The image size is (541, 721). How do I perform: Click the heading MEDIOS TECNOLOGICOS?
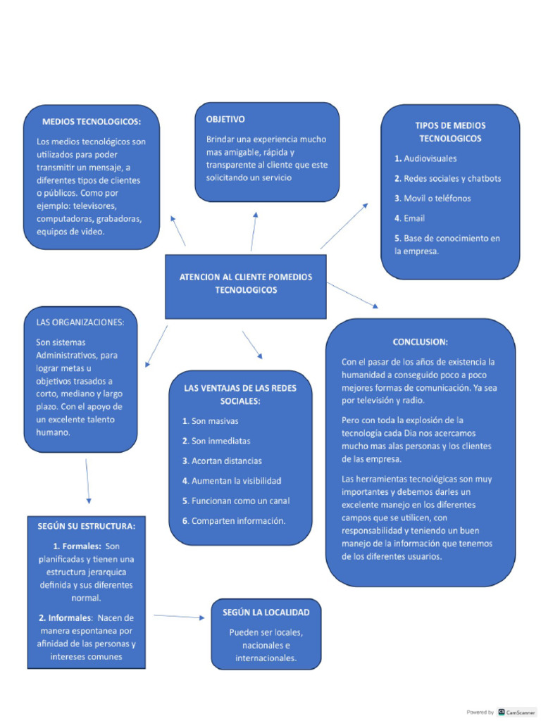pos(92,121)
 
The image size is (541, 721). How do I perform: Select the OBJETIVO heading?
pos(225,119)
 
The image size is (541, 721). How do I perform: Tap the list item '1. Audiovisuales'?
pos(425,158)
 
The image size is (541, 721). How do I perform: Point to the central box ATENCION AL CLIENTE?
pos(246,284)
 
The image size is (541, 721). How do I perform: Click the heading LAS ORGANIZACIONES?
pos(80,322)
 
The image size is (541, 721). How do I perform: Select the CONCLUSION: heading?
pos(420,341)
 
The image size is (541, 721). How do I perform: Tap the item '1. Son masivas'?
pos(210,421)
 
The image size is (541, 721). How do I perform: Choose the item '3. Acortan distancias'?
pos(222,460)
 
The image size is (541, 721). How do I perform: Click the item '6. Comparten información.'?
pos(233,521)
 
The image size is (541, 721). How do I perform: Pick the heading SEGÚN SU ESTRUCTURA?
pos(87,526)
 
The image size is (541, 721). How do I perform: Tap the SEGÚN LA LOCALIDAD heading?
pos(266,613)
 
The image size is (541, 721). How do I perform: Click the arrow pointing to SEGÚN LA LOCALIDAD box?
pos(179,617)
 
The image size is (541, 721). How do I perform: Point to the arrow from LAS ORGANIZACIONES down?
pos(88,482)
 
